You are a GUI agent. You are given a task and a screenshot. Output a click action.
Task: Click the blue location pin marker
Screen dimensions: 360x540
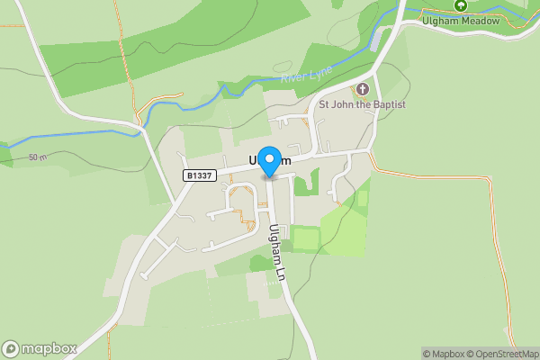[x=269, y=160]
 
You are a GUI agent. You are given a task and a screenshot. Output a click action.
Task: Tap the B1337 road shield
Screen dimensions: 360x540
[x=199, y=175]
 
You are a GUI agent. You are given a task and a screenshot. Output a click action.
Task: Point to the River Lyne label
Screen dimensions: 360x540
[x=302, y=76]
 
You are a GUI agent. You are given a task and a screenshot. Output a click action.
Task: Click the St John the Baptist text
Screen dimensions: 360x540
[x=363, y=105]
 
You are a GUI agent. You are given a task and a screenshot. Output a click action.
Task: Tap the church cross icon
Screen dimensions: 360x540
[x=363, y=89]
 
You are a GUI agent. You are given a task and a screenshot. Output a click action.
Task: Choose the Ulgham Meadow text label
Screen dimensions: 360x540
[x=460, y=22]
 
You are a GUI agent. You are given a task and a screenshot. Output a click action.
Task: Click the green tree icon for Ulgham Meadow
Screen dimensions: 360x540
[x=461, y=5]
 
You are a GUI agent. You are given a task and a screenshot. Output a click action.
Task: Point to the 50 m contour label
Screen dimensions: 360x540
[x=37, y=157]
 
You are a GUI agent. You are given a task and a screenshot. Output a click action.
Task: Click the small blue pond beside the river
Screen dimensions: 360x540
[x=375, y=40]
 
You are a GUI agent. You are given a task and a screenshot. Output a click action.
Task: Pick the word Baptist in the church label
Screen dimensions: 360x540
[x=388, y=105]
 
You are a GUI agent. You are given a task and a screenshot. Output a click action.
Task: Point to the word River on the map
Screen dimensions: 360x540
[x=291, y=79]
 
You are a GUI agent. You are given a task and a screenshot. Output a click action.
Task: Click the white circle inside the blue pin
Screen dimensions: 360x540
[x=269, y=157]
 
